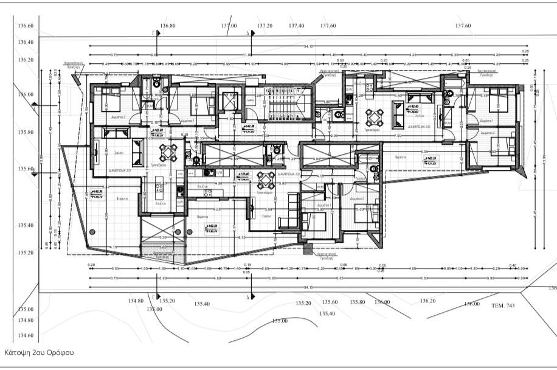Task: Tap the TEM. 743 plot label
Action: coord(502,305)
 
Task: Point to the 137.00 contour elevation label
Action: coord(229,26)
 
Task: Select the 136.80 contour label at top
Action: coord(168,26)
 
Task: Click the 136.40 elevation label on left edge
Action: coord(26,43)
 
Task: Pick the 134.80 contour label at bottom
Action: coord(136,301)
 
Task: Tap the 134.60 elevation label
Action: coord(26,335)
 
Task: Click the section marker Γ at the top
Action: coord(153,33)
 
